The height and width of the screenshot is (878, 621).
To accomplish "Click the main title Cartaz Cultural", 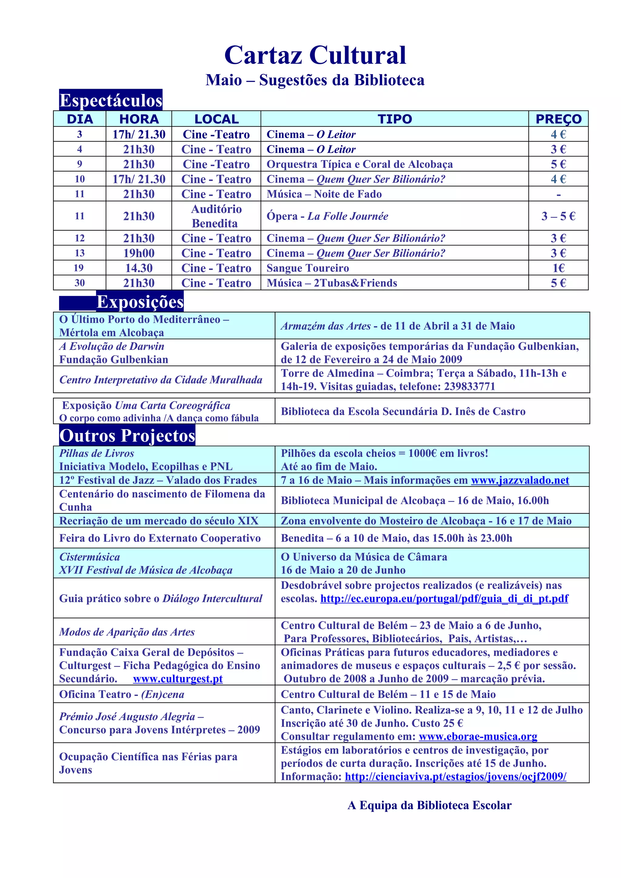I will [315, 55].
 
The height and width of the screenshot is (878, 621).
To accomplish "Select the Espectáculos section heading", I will [111, 100].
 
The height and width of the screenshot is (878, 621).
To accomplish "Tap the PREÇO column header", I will [558, 119].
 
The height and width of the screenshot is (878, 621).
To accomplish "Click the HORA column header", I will [139, 119].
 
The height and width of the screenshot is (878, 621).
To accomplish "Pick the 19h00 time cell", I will [139, 253].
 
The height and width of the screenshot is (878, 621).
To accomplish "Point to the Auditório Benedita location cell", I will [216, 216].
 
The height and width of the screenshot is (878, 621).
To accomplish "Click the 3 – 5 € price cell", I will [558, 216].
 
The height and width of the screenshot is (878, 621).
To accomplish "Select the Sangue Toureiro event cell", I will [308, 268].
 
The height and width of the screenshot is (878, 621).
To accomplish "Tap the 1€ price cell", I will [558, 268].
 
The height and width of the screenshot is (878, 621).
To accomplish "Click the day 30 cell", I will [79, 283].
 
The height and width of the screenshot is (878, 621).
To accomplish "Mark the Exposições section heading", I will [140, 302].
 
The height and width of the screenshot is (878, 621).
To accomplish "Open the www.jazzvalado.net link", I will [520, 480].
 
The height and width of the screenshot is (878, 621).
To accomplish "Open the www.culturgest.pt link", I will [178, 679].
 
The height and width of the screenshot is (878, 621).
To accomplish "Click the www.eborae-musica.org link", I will [478, 737].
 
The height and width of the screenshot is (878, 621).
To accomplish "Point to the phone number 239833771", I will [469, 387].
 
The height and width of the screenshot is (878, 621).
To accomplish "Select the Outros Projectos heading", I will [127, 436].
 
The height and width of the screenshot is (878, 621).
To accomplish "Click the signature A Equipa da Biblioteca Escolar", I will [429, 805].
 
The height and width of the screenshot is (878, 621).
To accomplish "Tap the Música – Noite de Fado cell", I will [324, 194].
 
